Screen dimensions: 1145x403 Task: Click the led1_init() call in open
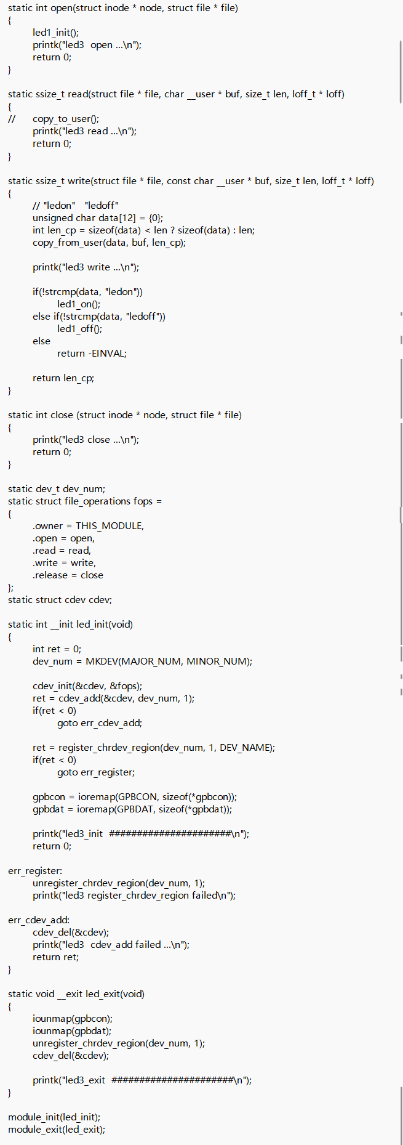point(55,33)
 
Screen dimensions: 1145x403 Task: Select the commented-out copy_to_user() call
point(65,119)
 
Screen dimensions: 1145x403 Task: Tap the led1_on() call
point(79,304)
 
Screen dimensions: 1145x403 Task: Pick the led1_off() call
point(79,329)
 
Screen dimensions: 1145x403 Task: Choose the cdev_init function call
point(54,686)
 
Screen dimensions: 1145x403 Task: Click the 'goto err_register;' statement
point(96,772)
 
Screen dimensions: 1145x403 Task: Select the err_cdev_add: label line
point(39,920)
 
